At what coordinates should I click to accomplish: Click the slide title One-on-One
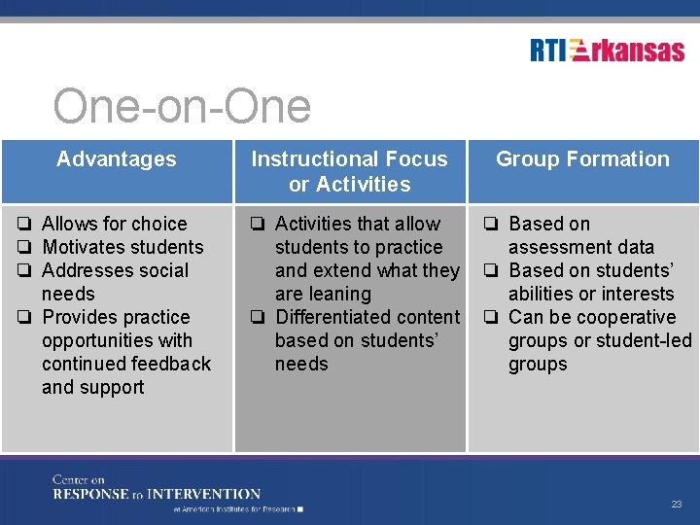tap(182, 107)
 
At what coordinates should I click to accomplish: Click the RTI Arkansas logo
tap(608, 51)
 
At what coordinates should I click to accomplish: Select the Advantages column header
tap(117, 159)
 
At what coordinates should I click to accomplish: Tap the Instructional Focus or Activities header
tap(350, 171)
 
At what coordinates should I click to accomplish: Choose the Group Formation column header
tap(582, 159)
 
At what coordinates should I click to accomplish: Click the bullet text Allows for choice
tap(114, 224)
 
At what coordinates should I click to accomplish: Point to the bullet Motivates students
tap(122, 247)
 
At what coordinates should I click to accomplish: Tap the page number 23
tap(676, 504)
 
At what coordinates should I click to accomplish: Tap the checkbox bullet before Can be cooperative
tap(493, 317)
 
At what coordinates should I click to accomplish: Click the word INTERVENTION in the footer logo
tap(203, 494)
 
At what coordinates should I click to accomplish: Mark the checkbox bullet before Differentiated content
tap(260, 317)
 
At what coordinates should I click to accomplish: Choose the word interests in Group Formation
tap(638, 294)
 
